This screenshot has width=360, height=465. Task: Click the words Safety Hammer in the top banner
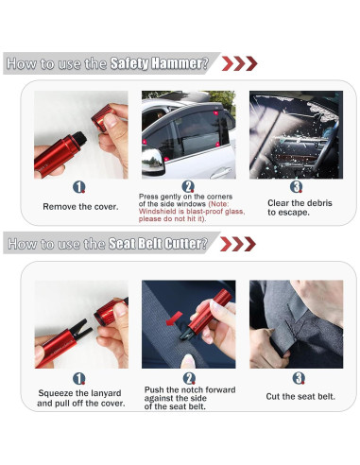coord(158,63)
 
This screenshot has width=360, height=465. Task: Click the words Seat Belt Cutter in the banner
coord(162,244)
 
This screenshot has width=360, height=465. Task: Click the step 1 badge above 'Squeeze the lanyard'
coord(79,377)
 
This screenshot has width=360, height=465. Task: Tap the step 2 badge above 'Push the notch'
coord(188,377)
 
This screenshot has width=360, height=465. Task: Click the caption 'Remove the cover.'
coord(79,205)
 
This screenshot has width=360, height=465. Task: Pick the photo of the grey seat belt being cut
coord(296,322)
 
